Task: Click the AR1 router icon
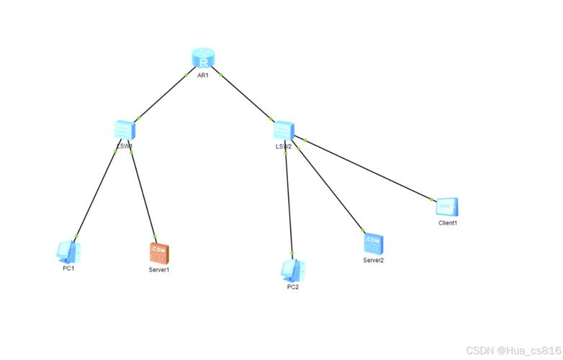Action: click(x=204, y=59)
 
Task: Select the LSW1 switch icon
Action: click(x=125, y=130)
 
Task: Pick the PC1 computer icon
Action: click(x=68, y=251)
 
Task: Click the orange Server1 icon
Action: click(x=158, y=253)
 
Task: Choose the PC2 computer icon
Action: click(x=292, y=269)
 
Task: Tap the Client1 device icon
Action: click(x=447, y=207)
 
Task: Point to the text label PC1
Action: click(x=68, y=269)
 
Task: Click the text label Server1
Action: click(x=158, y=270)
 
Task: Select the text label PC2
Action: click(x=292, y=287)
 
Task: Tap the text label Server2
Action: click(x=373, y=261)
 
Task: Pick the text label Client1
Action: click(x=448, y=223)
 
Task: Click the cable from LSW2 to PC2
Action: click(x=289, y=202)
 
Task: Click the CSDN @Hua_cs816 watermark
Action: click(x=513, y=351)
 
